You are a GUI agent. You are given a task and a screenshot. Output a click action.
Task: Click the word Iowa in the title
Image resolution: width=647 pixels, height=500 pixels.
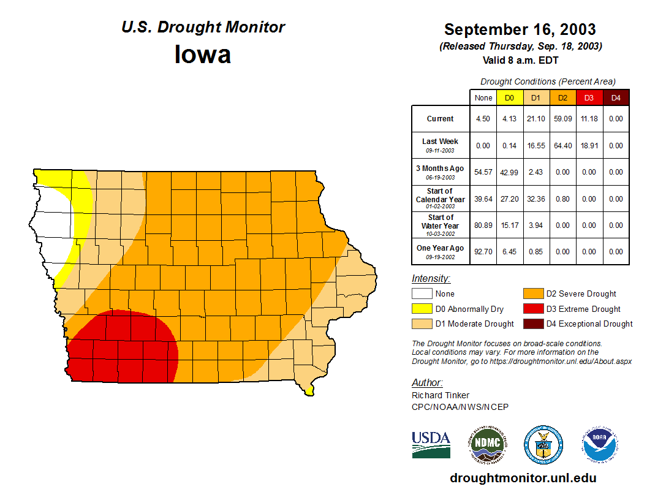click(x=203, y=55)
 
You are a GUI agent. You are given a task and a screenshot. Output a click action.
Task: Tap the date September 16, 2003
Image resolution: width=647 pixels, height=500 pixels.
click(x=520, y=29)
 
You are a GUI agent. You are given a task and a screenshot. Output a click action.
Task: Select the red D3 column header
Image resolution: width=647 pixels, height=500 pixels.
click(x=589, y=97)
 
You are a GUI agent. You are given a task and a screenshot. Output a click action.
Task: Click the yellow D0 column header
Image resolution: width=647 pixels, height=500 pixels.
click(x=509, y=97)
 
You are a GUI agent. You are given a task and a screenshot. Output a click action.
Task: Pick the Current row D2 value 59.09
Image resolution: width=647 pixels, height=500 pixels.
click(x=562, y=119)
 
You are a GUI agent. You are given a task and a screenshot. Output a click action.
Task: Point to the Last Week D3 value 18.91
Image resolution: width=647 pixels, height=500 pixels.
click(x=589, y=146)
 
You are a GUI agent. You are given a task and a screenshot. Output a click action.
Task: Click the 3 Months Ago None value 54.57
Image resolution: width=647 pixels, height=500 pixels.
click(x=483, y=172)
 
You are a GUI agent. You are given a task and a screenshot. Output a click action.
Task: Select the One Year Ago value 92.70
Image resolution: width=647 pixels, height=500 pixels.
click(x=483, y=251)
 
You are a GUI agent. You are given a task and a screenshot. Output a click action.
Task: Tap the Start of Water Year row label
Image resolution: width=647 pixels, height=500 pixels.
click(x=441, y=222)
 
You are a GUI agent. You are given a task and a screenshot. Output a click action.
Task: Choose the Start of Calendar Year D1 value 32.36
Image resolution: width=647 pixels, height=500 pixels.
click(x=535, y=199)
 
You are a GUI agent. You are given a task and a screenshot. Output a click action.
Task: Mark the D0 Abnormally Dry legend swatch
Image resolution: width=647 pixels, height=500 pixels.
click(x=422, y=309)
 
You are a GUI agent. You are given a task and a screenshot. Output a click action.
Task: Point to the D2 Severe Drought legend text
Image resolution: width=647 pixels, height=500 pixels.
click(x=581, y=294)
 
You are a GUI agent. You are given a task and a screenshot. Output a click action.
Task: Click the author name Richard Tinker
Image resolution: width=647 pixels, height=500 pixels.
click(x=441, y=395)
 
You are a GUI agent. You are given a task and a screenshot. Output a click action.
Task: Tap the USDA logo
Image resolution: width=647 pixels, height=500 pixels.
click(x=431, y=444)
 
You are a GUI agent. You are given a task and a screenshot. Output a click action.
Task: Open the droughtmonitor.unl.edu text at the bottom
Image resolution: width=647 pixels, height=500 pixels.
click(x=523, y=478)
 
